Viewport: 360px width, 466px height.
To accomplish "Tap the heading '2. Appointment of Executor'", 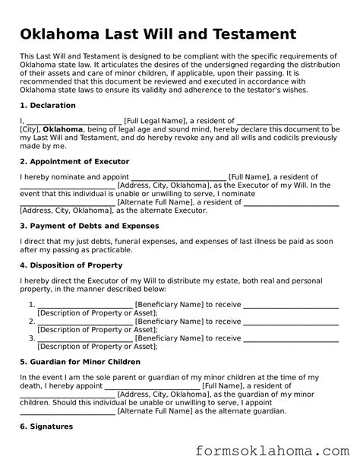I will point(74,161).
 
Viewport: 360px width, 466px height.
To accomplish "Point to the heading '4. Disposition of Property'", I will point(71,265).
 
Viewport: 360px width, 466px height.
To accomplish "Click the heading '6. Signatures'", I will point(46,426).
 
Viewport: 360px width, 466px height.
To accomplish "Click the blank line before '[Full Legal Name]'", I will point(74,120).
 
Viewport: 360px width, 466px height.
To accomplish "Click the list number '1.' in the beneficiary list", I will point(32,304).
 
